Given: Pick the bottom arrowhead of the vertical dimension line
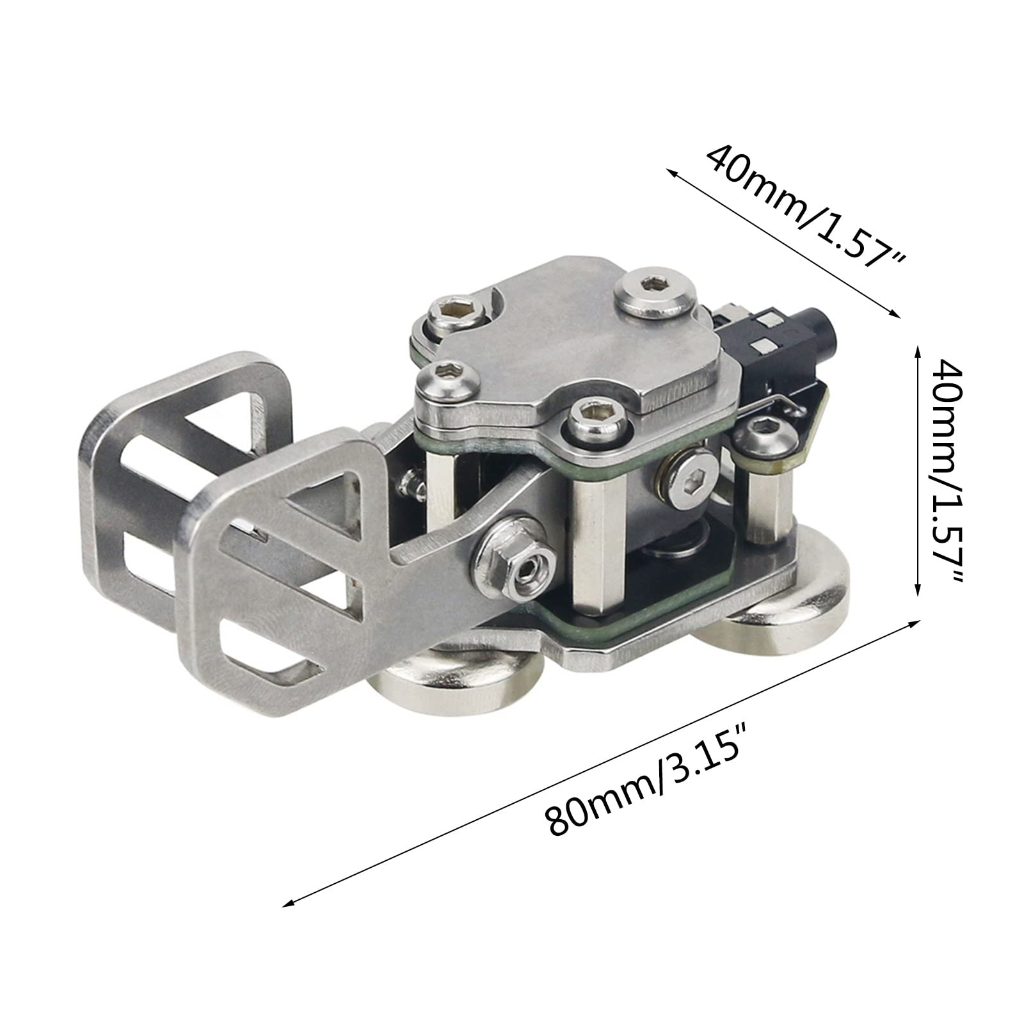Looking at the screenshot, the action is [918, 589].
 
